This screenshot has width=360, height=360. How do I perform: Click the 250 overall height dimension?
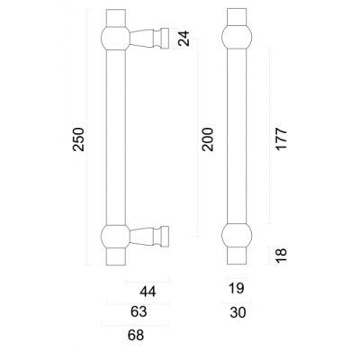click(x=78, y=139)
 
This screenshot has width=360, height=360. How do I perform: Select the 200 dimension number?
click(x=208, y=139)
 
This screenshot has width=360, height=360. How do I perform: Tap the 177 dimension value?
click(x=282, y=139)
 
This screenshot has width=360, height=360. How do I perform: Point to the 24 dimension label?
click(x=184, y=39)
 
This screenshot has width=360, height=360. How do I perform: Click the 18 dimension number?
click(x=282, y=256)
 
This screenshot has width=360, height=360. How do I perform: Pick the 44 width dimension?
click(x=148, y=292)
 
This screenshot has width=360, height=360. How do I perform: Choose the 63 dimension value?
click(x=139, y=311)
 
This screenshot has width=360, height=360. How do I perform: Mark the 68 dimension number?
click(x=136, y=335)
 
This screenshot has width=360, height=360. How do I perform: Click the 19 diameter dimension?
click(x=237, y=289)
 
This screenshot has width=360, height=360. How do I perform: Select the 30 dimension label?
click(x=238, y=312)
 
